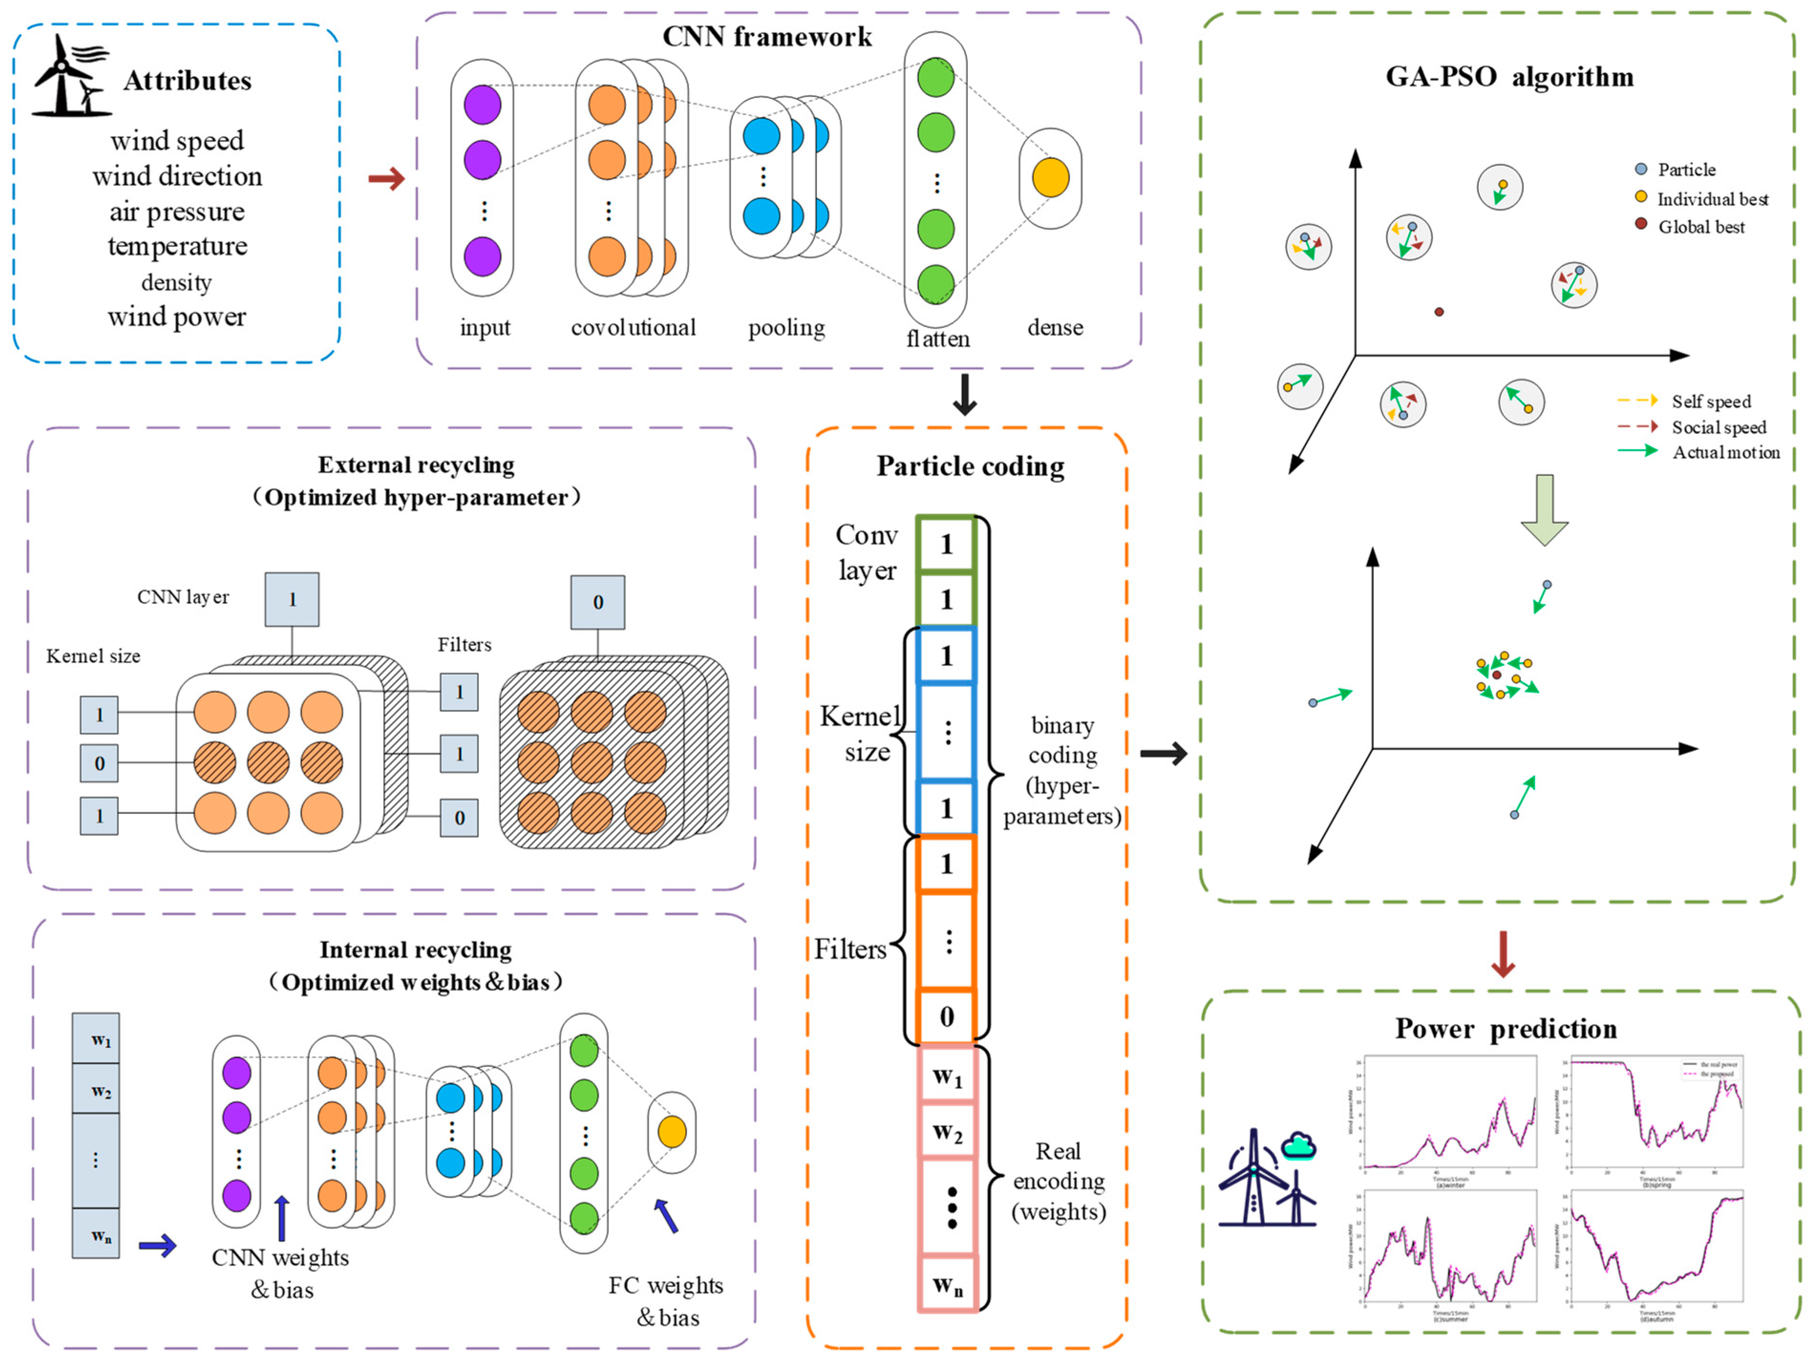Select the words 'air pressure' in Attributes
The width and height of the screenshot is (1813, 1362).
pos(177,212)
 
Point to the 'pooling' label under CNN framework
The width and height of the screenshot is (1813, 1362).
pos(786,328)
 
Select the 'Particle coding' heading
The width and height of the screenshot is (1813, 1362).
pos(970,466)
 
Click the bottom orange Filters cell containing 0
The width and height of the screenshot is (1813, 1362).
pos(947,1016)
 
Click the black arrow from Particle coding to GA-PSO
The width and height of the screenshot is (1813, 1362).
pos(1163,753)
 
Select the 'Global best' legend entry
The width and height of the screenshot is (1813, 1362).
pos(1701,226)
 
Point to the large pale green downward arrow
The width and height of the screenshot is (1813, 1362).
pos(1544,508)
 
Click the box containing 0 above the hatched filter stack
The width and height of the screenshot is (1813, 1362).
pos(597,602)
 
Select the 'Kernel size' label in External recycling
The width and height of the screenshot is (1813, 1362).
pos(93,656)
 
